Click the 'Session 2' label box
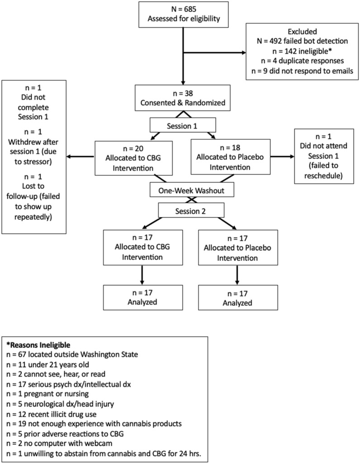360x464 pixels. point(191,210)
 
